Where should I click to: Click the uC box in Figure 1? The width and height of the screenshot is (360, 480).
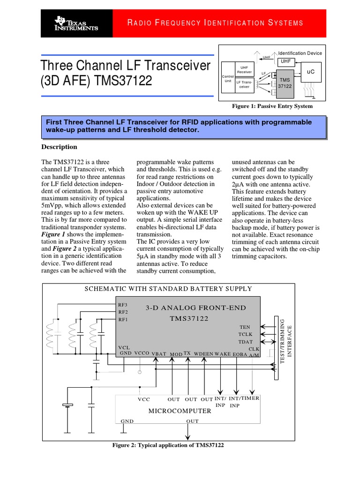(311, 72)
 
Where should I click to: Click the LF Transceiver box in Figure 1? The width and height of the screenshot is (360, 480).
(244, 84)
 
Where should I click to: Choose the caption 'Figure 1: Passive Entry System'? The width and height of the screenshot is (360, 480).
(272, 106)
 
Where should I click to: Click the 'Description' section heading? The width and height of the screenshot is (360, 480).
(59, 147)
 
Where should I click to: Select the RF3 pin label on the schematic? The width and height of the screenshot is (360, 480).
(123, 305)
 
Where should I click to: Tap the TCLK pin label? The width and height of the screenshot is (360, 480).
(246, 334)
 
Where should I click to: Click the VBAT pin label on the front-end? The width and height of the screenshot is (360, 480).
(159, 354)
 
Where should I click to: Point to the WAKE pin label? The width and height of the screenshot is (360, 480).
(223, 353)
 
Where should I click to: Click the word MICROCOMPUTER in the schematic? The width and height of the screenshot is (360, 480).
(180, 411)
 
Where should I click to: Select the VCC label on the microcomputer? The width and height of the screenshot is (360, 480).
(144, 399)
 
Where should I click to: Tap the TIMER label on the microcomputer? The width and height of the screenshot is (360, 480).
(250, 398)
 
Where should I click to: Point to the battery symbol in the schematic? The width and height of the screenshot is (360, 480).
(68, 405)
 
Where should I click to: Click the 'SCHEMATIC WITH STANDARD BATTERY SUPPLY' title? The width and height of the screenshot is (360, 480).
(168, 289)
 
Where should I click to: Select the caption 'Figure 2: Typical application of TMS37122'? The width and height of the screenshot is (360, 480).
(168, 445)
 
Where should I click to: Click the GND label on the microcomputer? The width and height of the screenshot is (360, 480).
(127, 421)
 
